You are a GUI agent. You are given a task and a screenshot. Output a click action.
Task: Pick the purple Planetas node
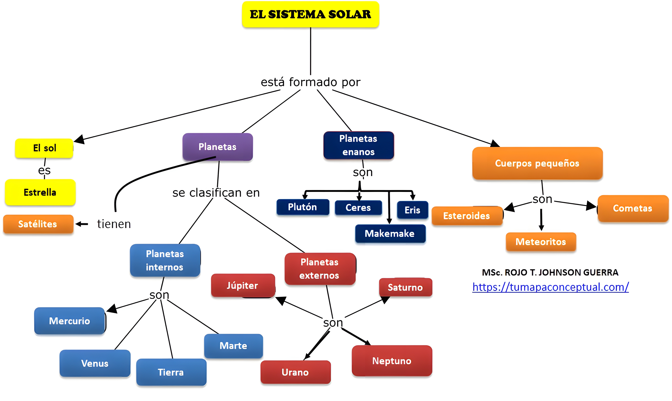click(218, 147)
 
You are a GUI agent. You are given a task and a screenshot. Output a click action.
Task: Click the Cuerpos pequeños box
click(537, 163)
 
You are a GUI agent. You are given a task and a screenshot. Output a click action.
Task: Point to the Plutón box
click(303, 207)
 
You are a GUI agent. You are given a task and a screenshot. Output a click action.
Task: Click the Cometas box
click(633, 208)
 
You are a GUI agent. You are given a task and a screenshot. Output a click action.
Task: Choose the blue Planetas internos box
click(165, 260)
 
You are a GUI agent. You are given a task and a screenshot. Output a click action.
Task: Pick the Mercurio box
click(69, 321)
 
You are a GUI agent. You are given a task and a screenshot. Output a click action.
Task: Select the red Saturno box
click(405, 287)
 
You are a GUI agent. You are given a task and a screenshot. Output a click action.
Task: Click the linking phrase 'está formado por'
click(311, 82)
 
